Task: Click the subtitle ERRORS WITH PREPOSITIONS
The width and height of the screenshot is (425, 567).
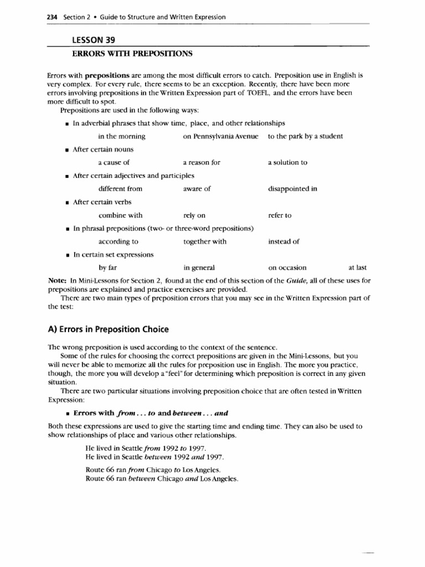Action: (133, 53)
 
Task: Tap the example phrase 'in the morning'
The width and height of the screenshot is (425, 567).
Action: (122, 136)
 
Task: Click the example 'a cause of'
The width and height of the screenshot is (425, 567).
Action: (114, 163)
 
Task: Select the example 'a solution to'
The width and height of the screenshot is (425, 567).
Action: (287, 163)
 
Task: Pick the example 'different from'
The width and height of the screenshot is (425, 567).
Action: (120, 189)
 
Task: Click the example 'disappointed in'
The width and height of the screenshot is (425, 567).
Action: (292, 189)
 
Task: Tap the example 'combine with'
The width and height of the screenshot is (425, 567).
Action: (120, 215)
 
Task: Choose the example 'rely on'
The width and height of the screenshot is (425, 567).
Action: (194, 215)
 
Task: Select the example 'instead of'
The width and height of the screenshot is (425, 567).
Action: (283, 242)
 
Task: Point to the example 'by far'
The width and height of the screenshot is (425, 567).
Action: (107, 268)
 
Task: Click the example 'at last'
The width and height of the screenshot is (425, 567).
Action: (357, 268)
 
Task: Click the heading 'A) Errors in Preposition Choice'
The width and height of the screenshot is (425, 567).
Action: (112, 329)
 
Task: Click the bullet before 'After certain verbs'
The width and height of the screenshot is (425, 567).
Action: (66, 203)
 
